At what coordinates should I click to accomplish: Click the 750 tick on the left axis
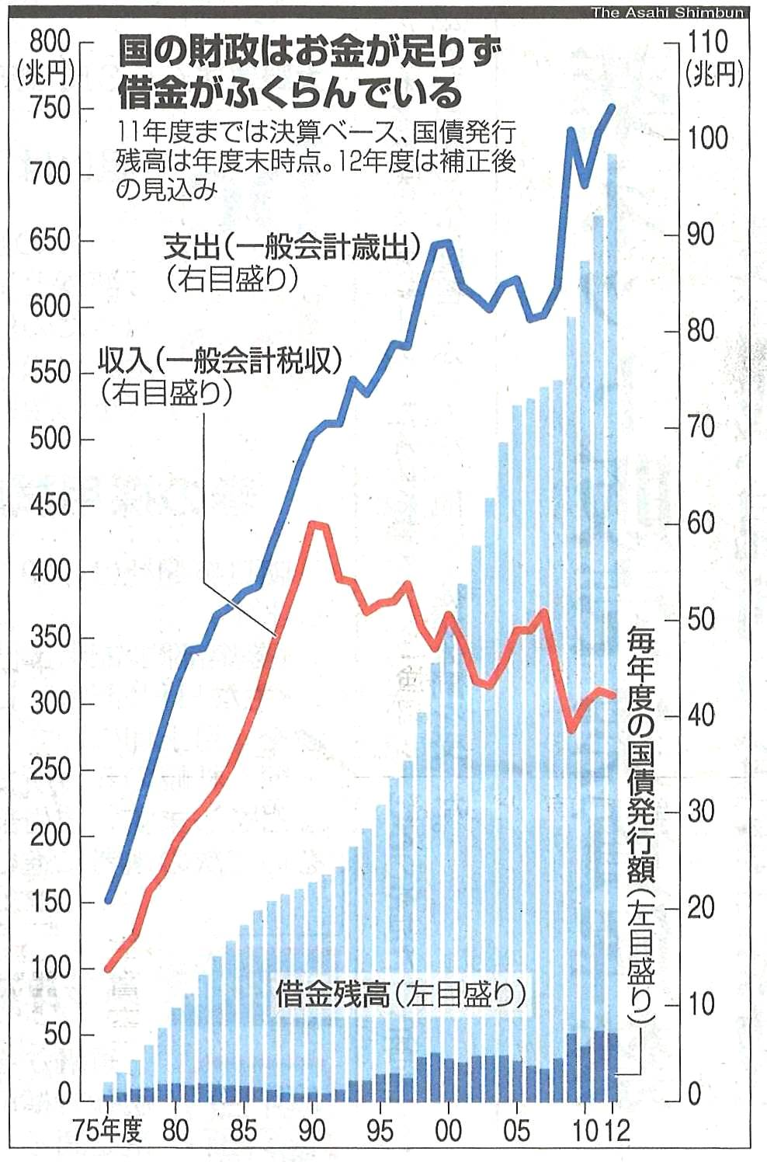50,108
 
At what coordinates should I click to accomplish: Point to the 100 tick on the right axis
707,138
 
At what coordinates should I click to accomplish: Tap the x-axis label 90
312,1130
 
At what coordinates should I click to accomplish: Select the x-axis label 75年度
109,1130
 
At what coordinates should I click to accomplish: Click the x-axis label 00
448,1130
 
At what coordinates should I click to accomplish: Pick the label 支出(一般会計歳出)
291,249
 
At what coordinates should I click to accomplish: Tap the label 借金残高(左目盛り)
401,993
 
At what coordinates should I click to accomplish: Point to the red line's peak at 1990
312,524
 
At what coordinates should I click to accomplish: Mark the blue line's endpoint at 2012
613,107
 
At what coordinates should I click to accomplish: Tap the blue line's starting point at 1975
109,901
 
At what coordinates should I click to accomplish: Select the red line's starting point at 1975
109,969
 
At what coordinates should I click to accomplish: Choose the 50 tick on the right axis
700,619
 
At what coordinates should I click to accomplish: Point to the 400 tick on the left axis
50,572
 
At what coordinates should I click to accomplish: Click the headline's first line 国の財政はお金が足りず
311,55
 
